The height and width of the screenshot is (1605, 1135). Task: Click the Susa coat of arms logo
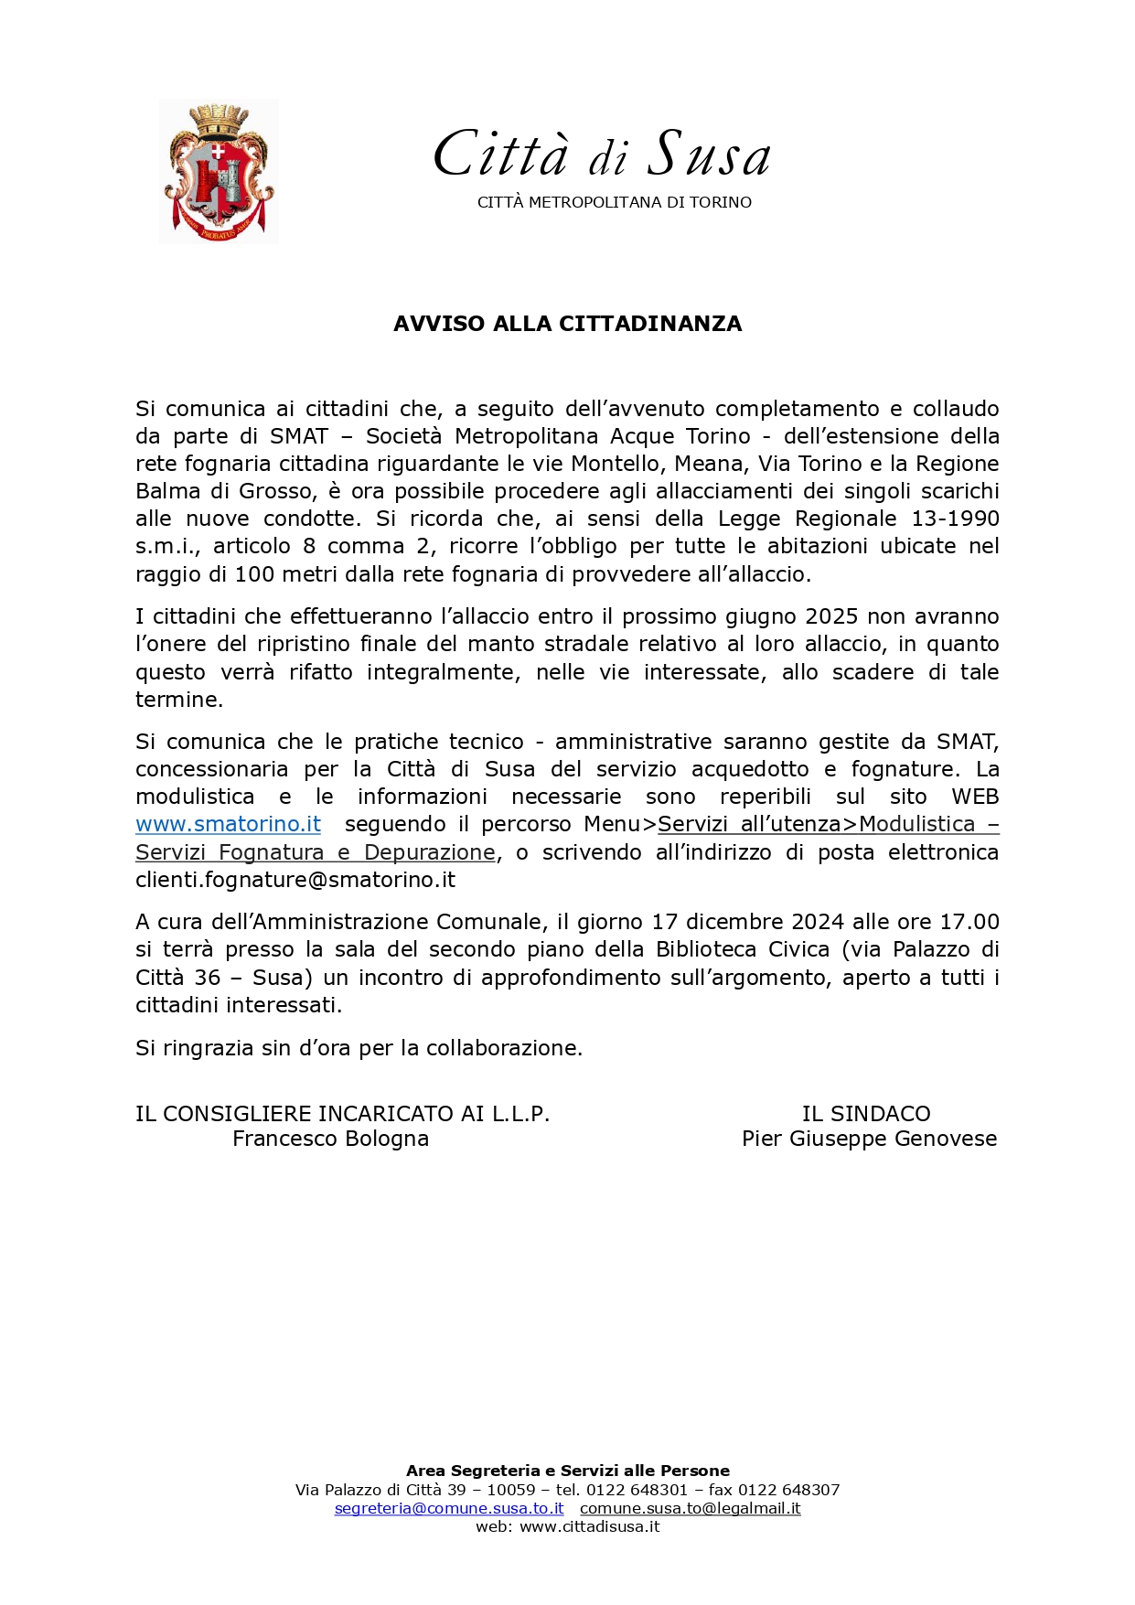point(219,171)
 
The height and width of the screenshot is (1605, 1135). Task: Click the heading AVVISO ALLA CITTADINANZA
point(567,324)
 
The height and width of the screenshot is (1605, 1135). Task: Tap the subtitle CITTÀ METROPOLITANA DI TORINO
point(614,202)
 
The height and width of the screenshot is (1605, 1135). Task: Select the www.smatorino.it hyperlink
point(228,824)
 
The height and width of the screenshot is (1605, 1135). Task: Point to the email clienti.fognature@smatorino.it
point(295,880)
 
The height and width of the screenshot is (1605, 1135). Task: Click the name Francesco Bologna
point(330,1139)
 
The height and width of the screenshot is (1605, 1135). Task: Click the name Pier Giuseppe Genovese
point(869,1139)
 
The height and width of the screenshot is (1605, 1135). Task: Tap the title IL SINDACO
point(865,1114)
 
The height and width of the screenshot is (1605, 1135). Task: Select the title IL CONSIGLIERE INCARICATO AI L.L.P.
point(342,1114)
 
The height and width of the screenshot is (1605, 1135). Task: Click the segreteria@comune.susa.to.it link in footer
point(449,1508)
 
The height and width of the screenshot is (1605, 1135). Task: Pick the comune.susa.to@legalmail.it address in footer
point(690,1508)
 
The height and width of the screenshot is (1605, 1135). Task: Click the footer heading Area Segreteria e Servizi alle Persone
point(567,1471)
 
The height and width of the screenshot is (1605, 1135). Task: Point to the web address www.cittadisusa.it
point(589,1526)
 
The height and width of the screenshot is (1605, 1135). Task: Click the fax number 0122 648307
point(788,1490)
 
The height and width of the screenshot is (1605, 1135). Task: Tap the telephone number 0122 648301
point(637,1490)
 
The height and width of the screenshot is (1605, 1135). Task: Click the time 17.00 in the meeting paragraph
point(969,922)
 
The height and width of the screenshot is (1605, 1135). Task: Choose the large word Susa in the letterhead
point(709,154)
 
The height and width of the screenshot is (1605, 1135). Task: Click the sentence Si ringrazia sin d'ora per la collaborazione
point(359,1048)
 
